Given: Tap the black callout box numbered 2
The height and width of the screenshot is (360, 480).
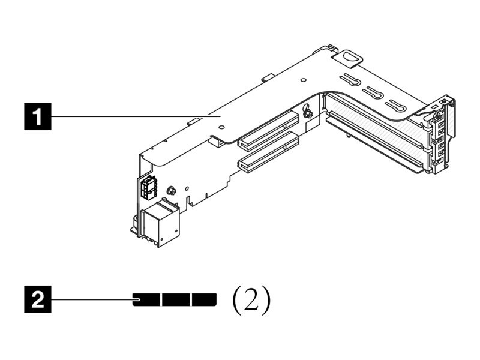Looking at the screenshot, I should tap(37, 299).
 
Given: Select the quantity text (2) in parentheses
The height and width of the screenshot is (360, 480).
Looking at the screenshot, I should tap(251, 299).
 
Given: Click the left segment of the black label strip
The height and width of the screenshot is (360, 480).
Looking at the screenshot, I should tap(146, 299).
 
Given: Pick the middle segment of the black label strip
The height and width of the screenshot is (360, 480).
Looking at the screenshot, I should tap(176, 299).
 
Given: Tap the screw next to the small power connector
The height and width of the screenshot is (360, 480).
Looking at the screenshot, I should tap(170, 190).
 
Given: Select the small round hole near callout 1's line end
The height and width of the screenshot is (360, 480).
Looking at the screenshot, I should tap(222, 127).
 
